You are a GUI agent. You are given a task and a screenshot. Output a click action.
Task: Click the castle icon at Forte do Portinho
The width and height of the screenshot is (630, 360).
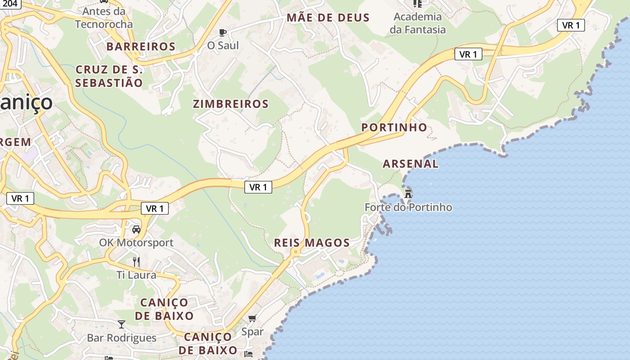click(x=408, y=194)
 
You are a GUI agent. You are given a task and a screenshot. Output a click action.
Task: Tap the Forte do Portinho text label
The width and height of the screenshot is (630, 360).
click(x=408, y=207)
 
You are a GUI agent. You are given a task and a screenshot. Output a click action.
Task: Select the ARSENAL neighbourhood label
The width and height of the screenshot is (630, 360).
click(x=410, y=164)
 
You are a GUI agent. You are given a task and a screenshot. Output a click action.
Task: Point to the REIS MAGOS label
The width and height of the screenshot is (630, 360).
click(x=312, y=243)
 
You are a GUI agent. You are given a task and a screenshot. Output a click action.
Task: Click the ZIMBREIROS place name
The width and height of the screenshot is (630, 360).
click(x=231, y=104)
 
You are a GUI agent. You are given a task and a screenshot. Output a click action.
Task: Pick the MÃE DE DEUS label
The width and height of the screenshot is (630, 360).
click(x=328, y=18)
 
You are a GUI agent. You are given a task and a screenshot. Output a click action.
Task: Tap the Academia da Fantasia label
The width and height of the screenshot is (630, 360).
click(x=418, y=23)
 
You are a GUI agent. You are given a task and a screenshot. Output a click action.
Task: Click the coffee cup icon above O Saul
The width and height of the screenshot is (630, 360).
click(x=222, y=32)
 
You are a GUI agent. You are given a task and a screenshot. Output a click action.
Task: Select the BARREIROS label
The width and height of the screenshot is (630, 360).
click(x=141, y=46)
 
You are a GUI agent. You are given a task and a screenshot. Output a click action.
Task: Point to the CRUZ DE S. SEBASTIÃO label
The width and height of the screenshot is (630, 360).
click(x=109, y=76)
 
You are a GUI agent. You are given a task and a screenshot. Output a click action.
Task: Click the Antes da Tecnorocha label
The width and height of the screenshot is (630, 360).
click(x=104, y=17)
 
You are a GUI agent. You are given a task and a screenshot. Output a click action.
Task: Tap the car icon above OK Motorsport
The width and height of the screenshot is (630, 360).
click(x=136, y=229)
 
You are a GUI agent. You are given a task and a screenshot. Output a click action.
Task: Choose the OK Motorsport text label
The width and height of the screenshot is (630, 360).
click(x=136, y=243)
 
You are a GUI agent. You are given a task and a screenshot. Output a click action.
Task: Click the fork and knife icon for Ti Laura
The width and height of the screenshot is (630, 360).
click(x=136, y=261)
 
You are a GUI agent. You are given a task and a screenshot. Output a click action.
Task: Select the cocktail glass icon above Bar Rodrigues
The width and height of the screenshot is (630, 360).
click(x=121, y=324)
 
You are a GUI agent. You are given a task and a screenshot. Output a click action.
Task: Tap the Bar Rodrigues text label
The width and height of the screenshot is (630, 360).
click(x=121, y=338)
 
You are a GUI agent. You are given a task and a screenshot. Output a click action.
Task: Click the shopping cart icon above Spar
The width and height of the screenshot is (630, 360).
click(x=252, y=319)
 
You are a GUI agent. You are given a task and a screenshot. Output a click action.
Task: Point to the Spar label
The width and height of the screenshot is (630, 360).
click(x=252, y=332)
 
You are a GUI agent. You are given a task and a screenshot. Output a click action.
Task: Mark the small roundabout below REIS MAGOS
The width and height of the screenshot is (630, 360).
click(x=295, y=252)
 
